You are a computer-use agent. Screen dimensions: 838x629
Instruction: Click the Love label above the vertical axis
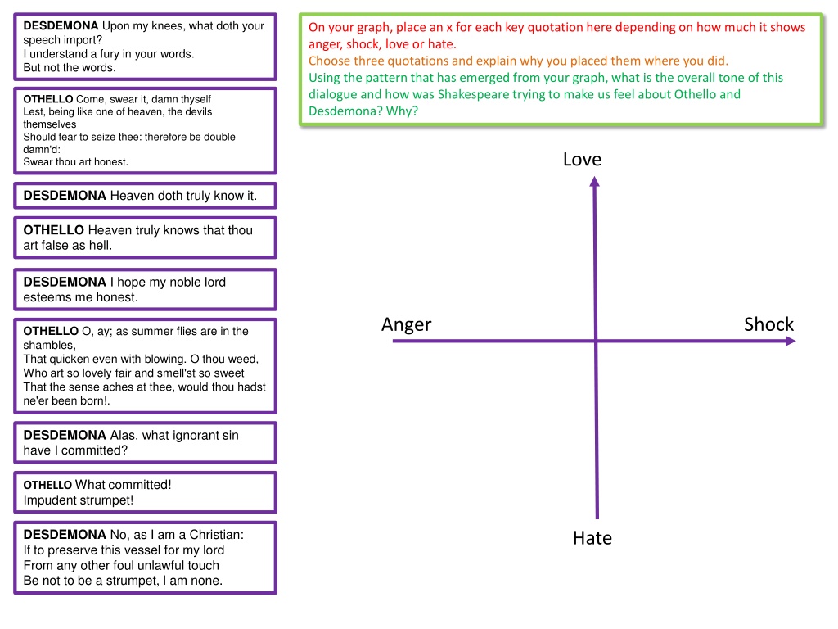point(582,160)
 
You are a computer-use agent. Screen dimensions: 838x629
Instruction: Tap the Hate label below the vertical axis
point(592,538)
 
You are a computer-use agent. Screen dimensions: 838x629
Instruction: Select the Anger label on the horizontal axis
point(406,325)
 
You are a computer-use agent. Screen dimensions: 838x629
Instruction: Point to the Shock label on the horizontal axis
point(768,324)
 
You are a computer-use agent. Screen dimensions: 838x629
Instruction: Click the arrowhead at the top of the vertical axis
point(594,182)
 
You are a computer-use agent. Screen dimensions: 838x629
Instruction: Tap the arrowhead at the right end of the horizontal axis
point(791,341)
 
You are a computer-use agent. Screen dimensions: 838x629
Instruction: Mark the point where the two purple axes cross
point(596,341)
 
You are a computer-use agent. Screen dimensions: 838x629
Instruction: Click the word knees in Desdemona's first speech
point(167,26)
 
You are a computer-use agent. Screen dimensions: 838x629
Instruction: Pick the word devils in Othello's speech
point(198,111)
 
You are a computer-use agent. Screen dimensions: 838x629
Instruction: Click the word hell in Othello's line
point(101,245)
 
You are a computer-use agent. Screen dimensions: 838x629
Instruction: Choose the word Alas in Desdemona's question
point(124,436)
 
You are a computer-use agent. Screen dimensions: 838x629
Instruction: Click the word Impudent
point(52,500)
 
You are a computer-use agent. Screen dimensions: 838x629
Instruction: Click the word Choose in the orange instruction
point(327,61)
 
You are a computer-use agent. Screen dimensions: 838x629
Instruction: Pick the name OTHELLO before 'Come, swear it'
point(48,99)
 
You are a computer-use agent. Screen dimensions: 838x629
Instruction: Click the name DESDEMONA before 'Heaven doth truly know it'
point(65,196)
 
